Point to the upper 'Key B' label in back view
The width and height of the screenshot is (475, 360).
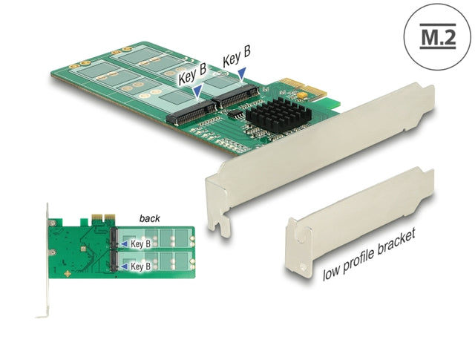pos(142,243)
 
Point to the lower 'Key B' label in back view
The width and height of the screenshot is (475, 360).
pos(142,265)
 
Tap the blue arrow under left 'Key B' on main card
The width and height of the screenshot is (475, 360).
pos(197,91)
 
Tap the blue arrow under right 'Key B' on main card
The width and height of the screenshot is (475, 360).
pos(242,71)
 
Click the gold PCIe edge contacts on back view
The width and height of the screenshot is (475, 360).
pos(99,220)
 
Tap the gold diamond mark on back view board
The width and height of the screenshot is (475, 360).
pos(68,274)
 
